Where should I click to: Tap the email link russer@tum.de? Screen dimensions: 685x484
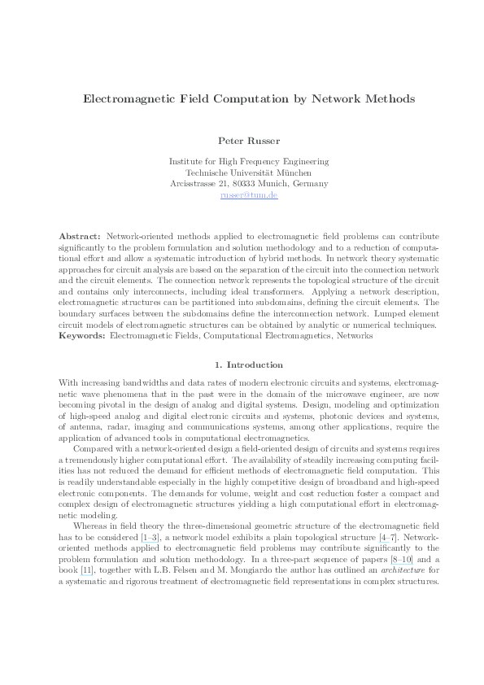click(249, 195)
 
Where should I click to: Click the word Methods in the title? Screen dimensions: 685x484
click(389, 98)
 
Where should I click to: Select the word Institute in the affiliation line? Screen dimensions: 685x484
click(187, 161)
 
